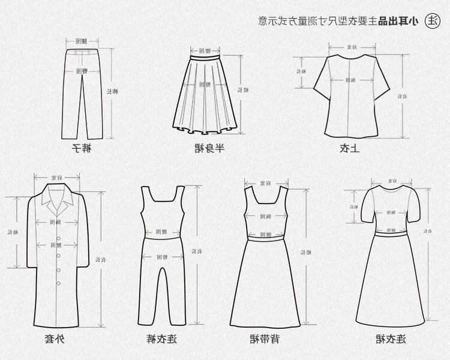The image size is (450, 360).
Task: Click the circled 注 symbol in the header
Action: [x=432, y=21]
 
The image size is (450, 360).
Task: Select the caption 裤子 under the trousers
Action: [x=80, y=148]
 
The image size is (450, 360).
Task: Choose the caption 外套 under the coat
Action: [x=53, y=340]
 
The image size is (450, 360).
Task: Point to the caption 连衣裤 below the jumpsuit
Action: [x=161, y=340]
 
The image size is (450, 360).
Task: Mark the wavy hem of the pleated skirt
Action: [x=206, y=131]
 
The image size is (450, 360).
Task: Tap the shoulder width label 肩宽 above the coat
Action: [x=58, y=178]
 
